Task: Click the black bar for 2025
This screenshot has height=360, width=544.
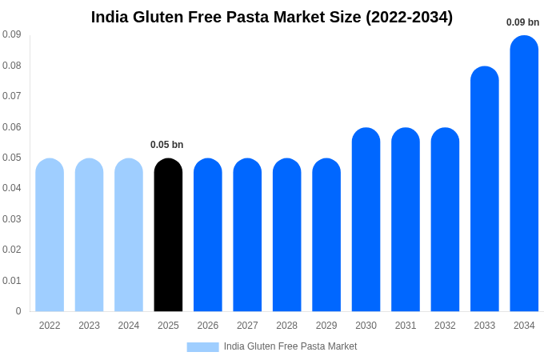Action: click(168, 235)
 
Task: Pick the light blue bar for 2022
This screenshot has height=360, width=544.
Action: click(50, 235)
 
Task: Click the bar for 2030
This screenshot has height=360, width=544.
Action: click(366, 220)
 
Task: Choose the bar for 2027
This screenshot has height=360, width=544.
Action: click(247, 235)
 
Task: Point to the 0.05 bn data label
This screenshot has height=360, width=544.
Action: click(167, 145)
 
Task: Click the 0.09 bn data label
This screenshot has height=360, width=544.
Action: click(523, 22)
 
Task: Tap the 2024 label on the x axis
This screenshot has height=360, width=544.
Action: click(129, 326)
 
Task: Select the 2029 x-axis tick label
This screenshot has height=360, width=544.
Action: click(326, 326)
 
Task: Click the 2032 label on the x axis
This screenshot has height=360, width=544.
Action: click(445, 326)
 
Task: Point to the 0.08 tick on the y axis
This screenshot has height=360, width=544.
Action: click(12, 66)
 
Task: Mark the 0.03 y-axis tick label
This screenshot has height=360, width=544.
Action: click(12, 219)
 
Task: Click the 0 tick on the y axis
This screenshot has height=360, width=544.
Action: click(18, 311)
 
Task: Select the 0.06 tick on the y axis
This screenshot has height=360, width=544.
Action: click(12, 127)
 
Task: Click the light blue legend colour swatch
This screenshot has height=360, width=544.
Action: click(202, 346)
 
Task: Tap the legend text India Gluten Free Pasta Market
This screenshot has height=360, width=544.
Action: click(290, 346)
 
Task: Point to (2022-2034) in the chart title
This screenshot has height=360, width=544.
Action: click(409, 17)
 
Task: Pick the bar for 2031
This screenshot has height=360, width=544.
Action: click(406, 220)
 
